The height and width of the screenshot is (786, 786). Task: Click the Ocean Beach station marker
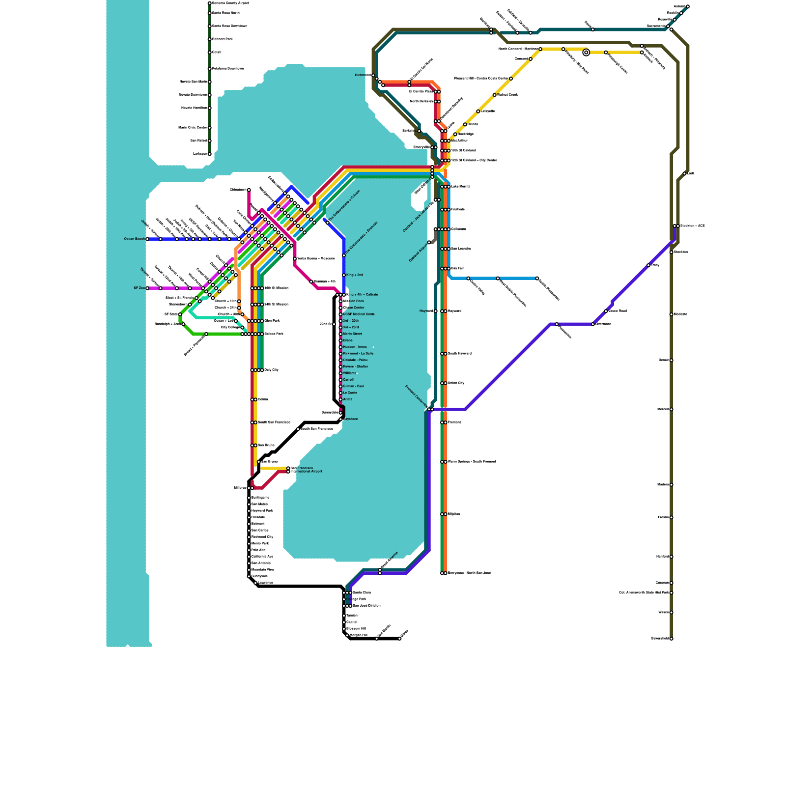tap(147, 239)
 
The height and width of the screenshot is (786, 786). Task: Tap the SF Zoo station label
tap(139, 288)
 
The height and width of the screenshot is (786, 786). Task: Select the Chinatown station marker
tap(249, 190)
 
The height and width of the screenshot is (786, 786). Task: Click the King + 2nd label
tap(355, 275)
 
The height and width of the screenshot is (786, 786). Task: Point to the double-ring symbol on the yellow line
tap(586, 53)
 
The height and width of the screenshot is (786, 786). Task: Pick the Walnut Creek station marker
tap(495, 95)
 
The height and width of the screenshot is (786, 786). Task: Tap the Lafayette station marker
tap(478, 112)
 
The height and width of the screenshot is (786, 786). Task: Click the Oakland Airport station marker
tap(429, 243)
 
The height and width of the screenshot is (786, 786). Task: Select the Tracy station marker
tap(648, 265)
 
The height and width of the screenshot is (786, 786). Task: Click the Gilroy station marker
tap(400, 639)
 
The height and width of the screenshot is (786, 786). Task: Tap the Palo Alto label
tap(258, 550)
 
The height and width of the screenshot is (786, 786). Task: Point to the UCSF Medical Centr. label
tap(359, 314)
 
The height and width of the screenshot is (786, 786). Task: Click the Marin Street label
tap(353, 334)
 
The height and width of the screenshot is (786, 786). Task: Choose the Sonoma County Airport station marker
tap(210, 3)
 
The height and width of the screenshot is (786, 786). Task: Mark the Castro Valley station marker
tap(468, 279)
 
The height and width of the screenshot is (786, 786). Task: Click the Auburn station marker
tap(688, 6)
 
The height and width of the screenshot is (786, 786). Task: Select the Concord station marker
tap(531, 59)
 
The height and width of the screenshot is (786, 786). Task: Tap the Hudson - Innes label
tap(355, 347)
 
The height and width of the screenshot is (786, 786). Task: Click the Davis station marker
tap(593, 29)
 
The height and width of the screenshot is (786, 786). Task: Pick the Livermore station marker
tap(593, 324)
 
